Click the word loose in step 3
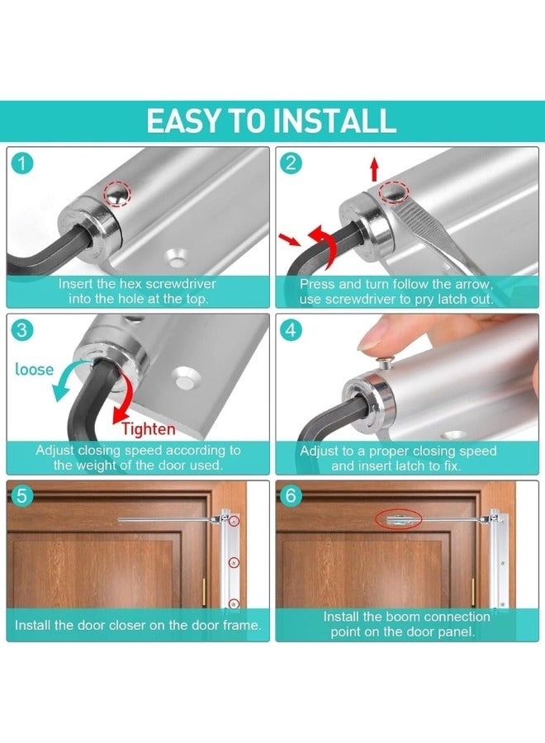pyautogui.click(x=35, y=369)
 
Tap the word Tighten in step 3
pyautogui.click(x=149, y=428)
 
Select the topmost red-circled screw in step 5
pyautogui.click(x=235, y=523)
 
